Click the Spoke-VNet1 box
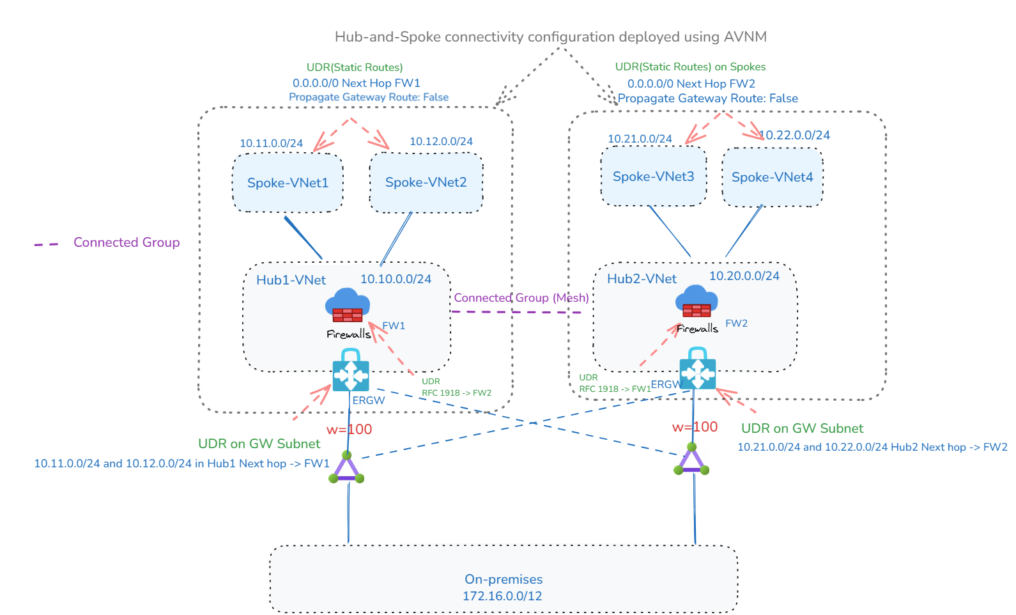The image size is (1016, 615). (x=288, y=183)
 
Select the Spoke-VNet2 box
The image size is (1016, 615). (x=426, y=183)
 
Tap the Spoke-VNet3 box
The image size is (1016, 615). (x=653, y=176)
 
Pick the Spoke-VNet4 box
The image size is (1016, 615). (x=772, y=177)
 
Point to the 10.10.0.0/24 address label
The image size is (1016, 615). (x=396, y=279)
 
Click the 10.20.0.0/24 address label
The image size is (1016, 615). (x=744, y=276)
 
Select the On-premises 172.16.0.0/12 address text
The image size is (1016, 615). (x=502, y=596)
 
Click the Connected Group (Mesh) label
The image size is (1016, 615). (x=521, y=297)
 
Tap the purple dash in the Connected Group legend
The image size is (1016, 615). (x=46, y=244)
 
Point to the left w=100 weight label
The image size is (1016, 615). (x=349, y=430)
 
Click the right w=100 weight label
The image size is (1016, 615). (x=695, y=427)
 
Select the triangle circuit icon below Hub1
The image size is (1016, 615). (x=346, y=469)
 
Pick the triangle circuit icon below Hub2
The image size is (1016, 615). (x=691, y=461)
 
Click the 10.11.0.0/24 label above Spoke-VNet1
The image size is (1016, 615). (x=271, y=143)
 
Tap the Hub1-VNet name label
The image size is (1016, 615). (x=291, y=280)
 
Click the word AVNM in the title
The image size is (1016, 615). (x=745, y=37)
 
